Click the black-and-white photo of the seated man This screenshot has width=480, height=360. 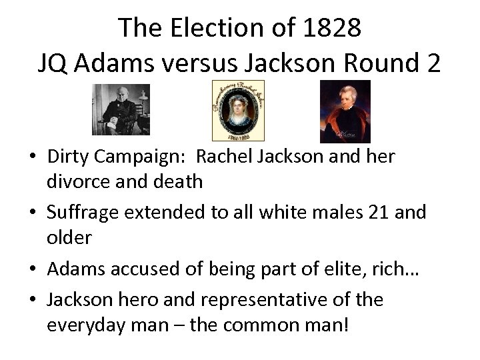click(x=112, y=110)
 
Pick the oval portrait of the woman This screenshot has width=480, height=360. click(x=238, y=111)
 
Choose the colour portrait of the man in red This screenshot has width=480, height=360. click(x=345, y=111)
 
